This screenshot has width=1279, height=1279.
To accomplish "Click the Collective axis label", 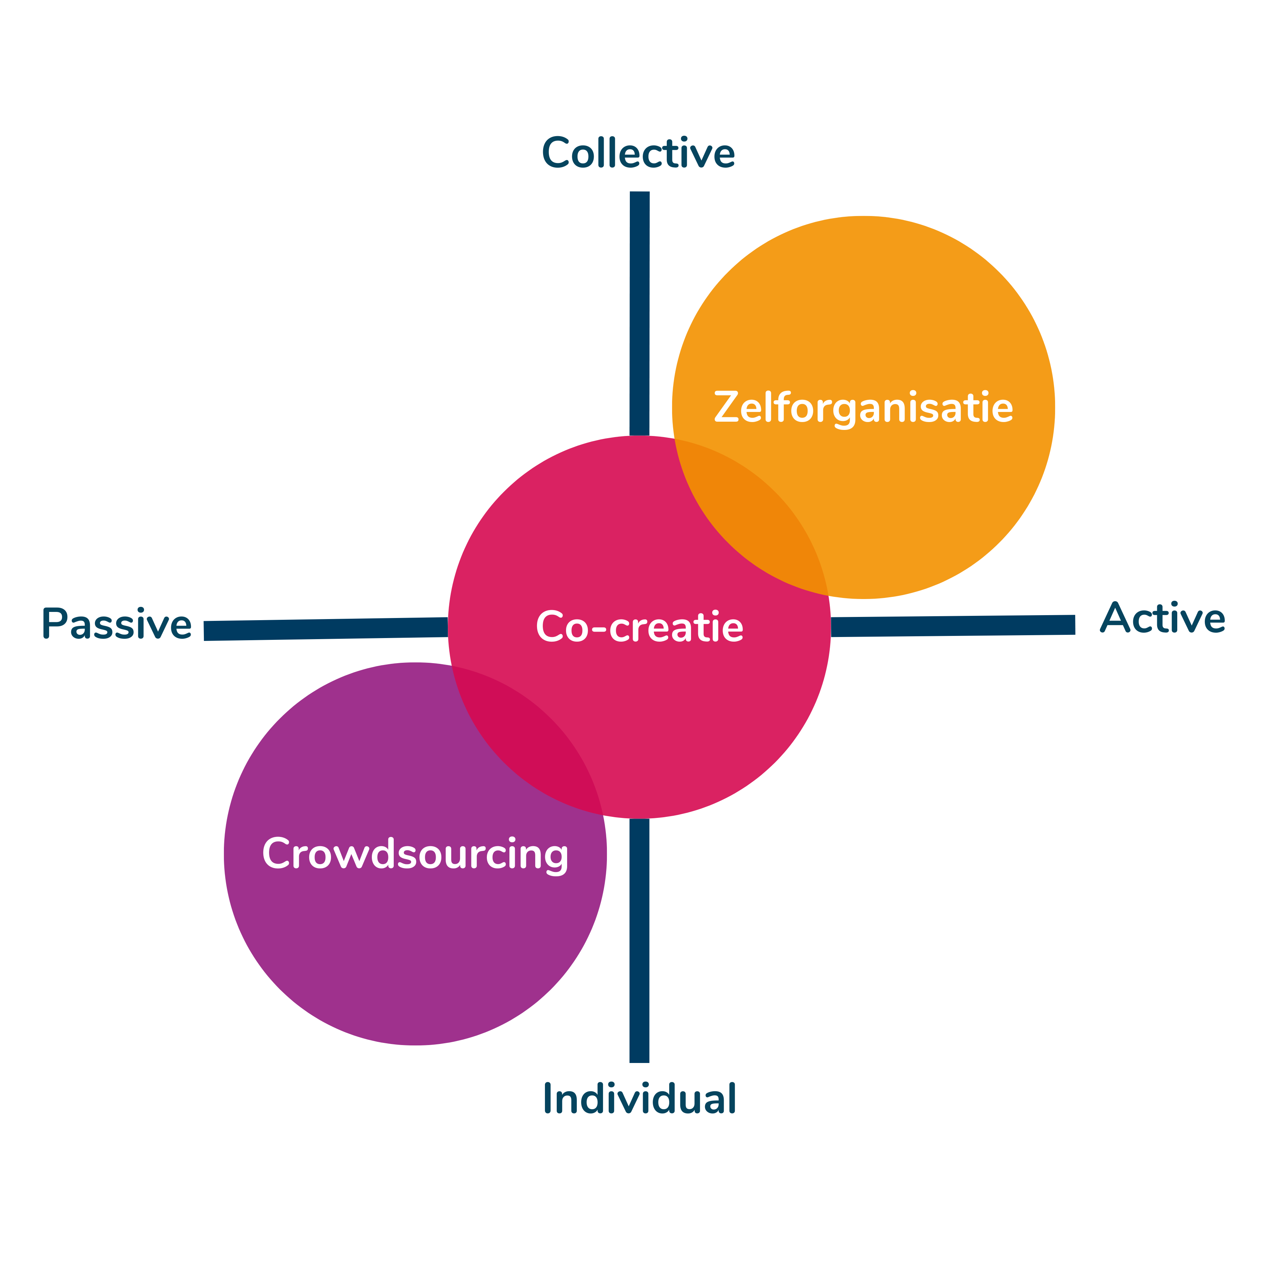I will coord(638,154).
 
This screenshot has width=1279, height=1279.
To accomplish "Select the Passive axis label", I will coord(116,624).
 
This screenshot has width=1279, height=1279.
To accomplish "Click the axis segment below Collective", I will coord(639,311).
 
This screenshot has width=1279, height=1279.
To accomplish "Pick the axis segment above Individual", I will coord(639,940).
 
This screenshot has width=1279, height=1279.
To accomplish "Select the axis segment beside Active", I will coord(953,626).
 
